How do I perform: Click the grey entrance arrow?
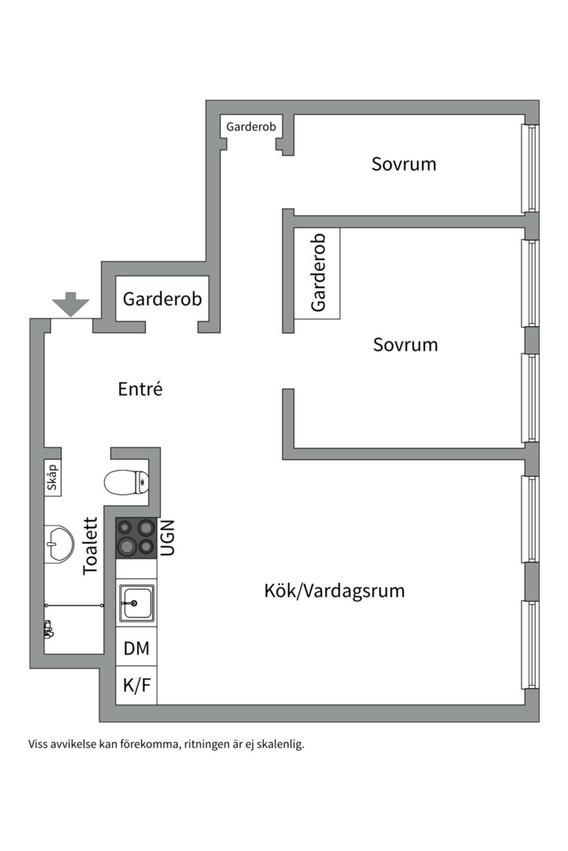click(x=71, y=304)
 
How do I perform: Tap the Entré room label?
click(x=140, y=388)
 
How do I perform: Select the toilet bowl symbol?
click(x=126, y=481)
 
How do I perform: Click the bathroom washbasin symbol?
click(x=58, y=543)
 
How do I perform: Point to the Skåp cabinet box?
click(x=53, y=478)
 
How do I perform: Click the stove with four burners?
click(x=136, y=537)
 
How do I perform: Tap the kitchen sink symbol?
click(x=136, y=603)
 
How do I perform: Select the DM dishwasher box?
click(x=136, y=648)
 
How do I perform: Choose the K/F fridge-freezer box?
click(x=136, y=686)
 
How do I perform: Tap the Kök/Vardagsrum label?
click(x=334, y=590)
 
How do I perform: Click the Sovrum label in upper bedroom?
click(x=404, y=164)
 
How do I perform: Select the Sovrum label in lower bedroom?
click(x=405, y=344)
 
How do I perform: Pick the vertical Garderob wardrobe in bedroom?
click(x=317, y=273)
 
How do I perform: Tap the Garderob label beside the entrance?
click(x=162, y=299)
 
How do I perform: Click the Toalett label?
click(x=91, y=545)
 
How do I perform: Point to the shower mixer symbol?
click(x=49, y=629)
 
